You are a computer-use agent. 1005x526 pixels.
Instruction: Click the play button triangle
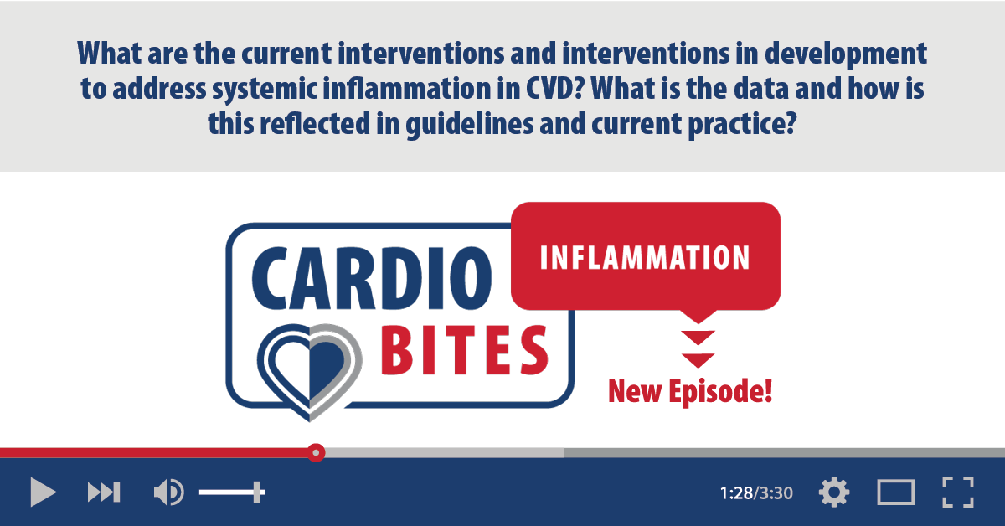[42, 492]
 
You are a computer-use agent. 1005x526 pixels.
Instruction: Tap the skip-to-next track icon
[104, 492]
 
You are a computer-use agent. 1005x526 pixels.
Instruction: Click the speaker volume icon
[167, 492]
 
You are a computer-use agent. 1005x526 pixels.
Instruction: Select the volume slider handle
[257, 492]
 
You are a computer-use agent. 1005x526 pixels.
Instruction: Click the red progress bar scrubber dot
[315, 452]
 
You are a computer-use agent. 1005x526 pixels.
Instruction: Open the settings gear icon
[833, 492]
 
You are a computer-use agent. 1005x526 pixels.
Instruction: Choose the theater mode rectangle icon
[895, 492]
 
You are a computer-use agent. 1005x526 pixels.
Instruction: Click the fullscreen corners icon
[957, 492]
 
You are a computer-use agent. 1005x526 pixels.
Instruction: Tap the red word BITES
[466, 350]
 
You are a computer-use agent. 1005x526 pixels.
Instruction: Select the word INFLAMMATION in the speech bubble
[644, 258]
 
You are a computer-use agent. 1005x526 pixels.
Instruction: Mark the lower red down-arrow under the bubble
[698, 360]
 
